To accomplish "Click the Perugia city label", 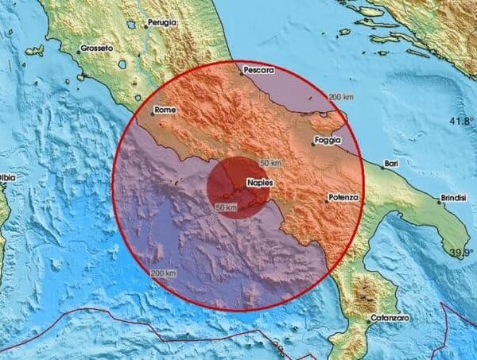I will coord(162,23).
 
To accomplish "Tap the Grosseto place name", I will coord(97,48).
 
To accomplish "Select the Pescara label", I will coord(259,70).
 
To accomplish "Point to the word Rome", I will coord(165,109).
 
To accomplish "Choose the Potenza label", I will coord(343,195).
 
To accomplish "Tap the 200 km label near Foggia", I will coord(341,97).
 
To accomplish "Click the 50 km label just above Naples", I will coord(270,163).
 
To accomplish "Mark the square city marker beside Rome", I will coord(152,114).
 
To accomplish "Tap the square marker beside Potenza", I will coord(327,201).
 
